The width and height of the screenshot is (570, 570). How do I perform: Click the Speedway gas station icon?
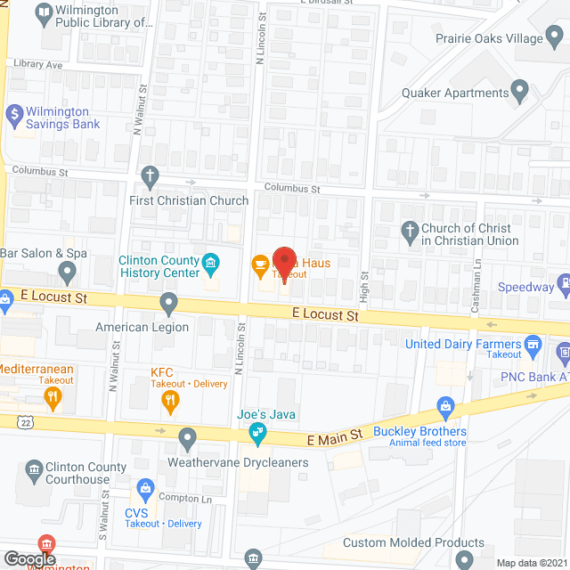click(565, 286)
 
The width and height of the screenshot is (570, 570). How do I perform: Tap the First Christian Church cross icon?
click(151, 175)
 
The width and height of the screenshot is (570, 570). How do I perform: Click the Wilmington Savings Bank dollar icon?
click(14, 115)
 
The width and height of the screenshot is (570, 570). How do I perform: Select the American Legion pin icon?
click(169, 304)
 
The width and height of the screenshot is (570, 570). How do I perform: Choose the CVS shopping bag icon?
click(145, 488)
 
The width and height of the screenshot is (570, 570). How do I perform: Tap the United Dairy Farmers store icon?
click(533, 343)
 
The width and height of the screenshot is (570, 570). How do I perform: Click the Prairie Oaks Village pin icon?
click(555, 38)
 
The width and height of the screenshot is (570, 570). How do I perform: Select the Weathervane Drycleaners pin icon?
click(187, 438)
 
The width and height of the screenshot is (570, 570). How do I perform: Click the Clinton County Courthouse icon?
click(34, 468)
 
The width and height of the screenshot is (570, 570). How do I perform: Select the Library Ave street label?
click(37, 65)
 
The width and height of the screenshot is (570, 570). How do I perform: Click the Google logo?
click(28, 558)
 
